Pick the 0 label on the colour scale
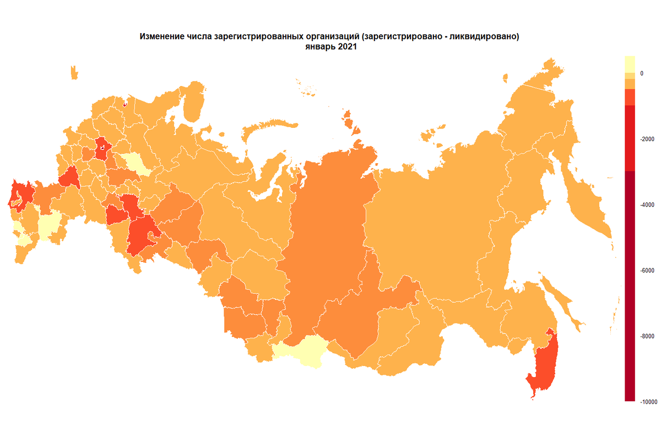pos(641,73)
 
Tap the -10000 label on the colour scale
pos(648,402)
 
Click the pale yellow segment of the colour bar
pos(630,63)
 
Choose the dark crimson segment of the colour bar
pos(630,287)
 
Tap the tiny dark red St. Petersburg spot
pos(125,103)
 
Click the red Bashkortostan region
pos(140,237)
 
